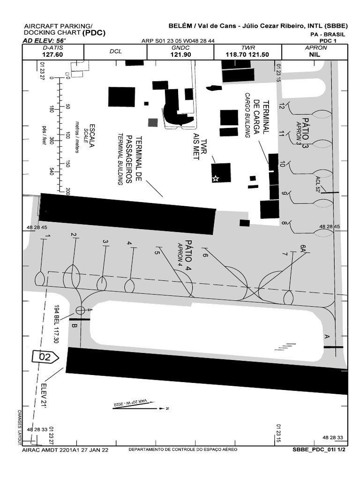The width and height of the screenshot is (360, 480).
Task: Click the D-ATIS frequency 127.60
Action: (52, 54)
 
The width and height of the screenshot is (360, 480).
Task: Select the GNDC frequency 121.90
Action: (180, 54)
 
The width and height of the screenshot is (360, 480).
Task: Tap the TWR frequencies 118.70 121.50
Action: (247, 54)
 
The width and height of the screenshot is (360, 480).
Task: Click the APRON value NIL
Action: (315, 54)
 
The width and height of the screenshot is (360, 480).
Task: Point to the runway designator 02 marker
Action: (45, 357)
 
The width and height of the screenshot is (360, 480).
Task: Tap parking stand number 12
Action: (282, 106)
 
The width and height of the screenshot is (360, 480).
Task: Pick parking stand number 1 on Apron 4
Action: (47, 236)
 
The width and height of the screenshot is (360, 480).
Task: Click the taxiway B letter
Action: (74, 326)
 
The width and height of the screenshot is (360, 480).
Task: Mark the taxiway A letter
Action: (327, 337)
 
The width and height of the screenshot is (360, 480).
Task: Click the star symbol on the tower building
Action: (216, 178)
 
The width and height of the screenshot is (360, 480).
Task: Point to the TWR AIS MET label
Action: (200, 146)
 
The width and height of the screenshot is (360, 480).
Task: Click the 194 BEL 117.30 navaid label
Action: (56, 323)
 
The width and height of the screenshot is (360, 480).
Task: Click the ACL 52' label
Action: (320, 185)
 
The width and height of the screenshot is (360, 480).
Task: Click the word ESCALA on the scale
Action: (92, 135)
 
